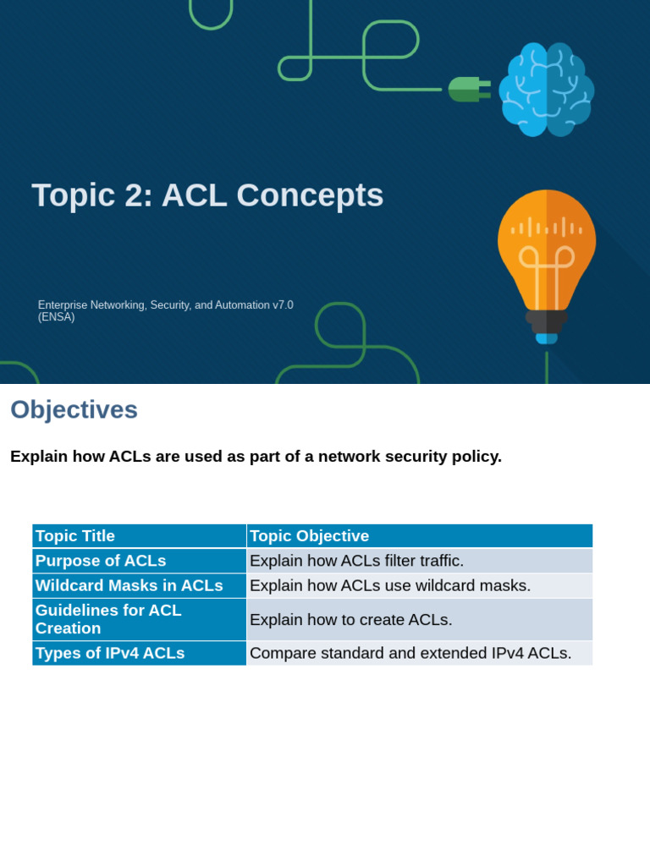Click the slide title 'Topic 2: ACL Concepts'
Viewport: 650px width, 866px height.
point(207,195)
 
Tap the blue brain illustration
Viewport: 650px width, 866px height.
point(546,89)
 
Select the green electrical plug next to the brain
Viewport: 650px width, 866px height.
point(467,89)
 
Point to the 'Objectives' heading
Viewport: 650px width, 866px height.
point(74,409)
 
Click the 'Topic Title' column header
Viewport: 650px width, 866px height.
point(75,535)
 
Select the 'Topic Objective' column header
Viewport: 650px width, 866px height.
point(310,535)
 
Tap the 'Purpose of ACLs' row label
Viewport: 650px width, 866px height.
point(101,561)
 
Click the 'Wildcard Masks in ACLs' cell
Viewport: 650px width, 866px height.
point(129,585)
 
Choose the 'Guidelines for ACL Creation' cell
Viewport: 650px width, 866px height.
point(108,619)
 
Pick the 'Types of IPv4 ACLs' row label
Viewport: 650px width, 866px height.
point(110,653)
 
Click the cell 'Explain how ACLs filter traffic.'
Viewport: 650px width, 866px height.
point(356,561)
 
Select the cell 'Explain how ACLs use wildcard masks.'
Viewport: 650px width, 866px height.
point(390,585)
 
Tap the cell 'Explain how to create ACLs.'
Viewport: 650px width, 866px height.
point(350,620)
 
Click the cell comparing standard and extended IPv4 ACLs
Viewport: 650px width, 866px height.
point(410,653)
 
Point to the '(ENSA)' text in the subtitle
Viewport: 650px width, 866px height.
point(57,317)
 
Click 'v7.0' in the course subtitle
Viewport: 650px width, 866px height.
point(283,304)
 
